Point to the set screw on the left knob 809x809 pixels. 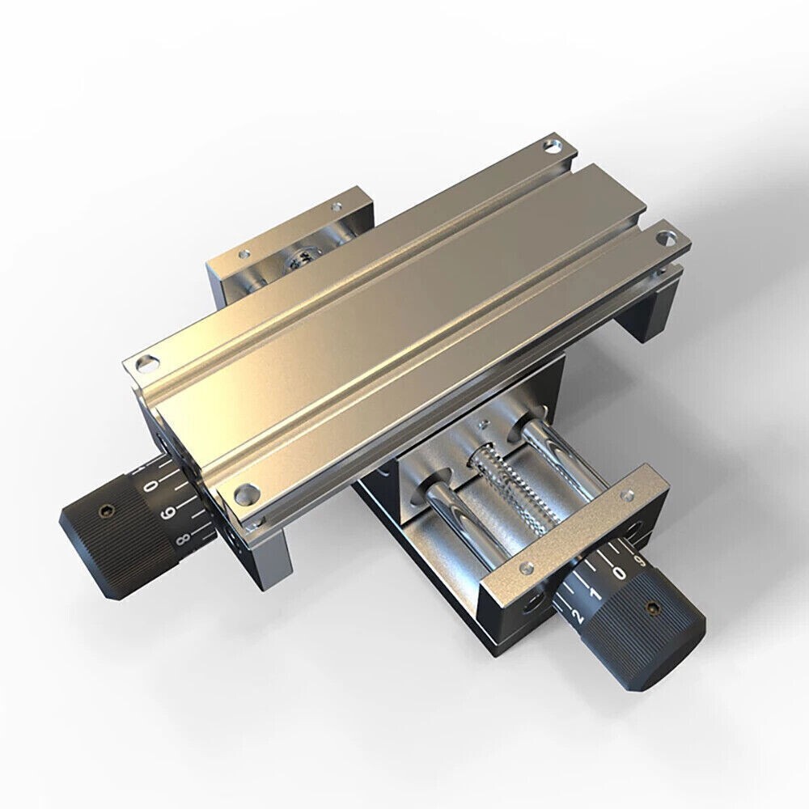tap(104, 510)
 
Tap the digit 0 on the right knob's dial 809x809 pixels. tap(619, 573)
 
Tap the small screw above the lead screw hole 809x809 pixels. tap(483, 423)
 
